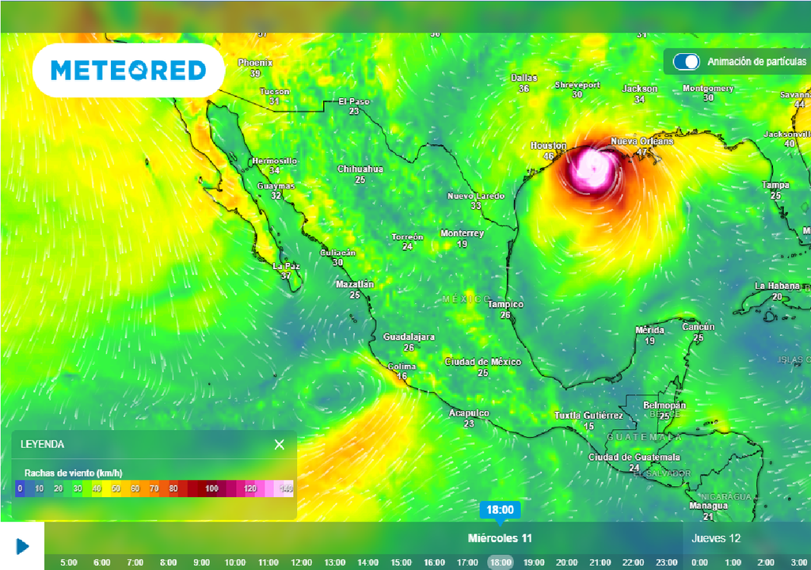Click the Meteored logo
point(128,70)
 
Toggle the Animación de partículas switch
point(686,62)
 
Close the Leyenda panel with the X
point(279,444)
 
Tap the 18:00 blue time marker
point(500,510)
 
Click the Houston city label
point(548,146)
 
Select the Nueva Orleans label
point(642,141)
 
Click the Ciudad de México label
point(482,362)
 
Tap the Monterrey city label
point(462,234)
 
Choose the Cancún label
point(698,327)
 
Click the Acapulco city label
point(469,413)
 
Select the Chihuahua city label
point(360,169)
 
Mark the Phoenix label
point(255,63)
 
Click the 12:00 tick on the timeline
point(301,562)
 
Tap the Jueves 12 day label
point(716,538)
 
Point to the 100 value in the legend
point(211,488)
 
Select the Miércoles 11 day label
point(500,538)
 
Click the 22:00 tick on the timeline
point(632,562)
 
